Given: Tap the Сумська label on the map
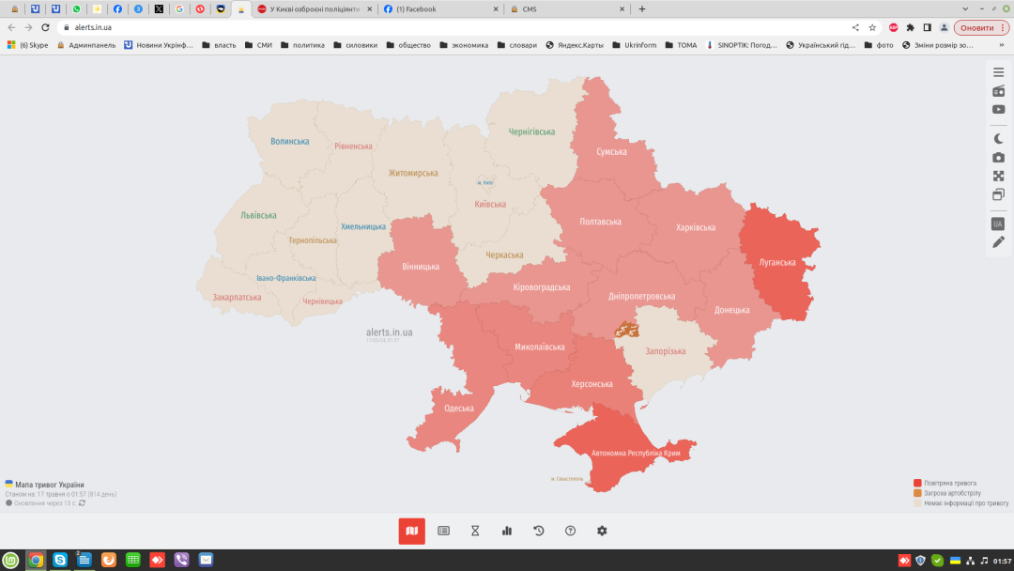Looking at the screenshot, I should [611, 151].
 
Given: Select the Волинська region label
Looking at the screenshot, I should [289, 142].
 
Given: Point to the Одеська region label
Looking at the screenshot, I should [459, 409].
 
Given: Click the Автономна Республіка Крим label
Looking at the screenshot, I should [636, 454].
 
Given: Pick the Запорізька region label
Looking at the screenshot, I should [665, 351].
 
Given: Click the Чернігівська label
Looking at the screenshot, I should [531, 131].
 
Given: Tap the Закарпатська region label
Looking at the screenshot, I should [237, 297].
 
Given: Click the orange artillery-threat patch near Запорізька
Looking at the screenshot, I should [626, 330].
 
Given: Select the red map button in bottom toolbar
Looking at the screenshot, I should [411, 531].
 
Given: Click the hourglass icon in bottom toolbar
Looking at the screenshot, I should [475, 531].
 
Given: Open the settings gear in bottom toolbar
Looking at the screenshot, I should [602, 531].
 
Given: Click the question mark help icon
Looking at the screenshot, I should [570, 531].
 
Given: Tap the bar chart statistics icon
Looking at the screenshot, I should [507, 531].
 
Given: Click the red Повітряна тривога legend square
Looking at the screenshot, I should [917, 483].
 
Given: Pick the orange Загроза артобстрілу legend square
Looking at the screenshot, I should [917, 493].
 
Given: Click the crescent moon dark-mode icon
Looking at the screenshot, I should [999, 138].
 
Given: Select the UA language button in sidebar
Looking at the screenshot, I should [998, 224].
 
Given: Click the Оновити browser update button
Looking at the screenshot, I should [982, 27].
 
